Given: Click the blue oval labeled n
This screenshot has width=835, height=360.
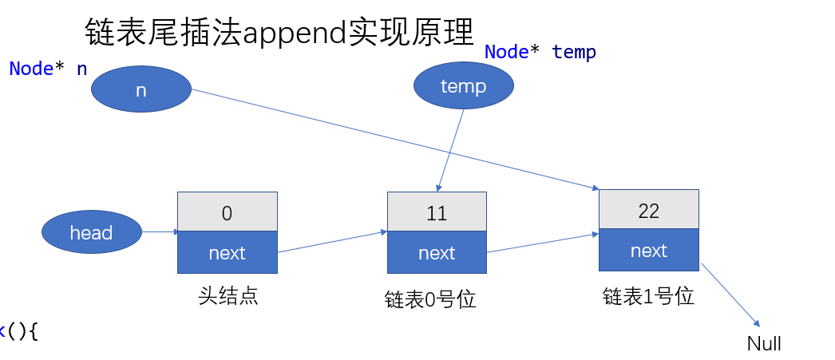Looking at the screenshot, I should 141,89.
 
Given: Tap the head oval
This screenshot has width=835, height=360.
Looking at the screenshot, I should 91,232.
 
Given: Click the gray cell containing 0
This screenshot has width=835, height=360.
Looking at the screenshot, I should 227,212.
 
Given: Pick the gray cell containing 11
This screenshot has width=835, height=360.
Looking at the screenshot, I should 437,212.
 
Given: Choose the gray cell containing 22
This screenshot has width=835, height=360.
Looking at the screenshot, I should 648,210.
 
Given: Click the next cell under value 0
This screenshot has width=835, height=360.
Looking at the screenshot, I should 227,253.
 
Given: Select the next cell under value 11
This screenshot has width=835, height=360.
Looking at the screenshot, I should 437,253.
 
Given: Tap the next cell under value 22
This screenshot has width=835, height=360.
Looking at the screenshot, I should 648,251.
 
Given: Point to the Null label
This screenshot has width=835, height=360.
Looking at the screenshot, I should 764,344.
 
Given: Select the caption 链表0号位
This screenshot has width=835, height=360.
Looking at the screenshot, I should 430,300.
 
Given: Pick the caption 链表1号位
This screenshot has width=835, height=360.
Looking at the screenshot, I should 648,297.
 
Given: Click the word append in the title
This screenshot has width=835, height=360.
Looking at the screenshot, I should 298,33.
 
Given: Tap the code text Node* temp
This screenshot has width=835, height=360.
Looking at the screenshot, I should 540,53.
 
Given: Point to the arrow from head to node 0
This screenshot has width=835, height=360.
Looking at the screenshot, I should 160,232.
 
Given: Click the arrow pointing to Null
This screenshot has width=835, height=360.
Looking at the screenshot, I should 730,295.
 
